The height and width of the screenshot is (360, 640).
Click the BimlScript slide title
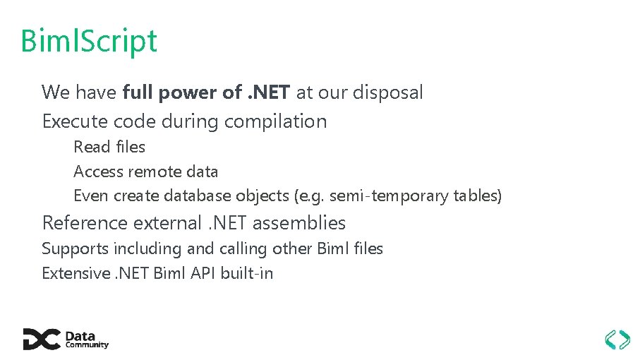[89, 41]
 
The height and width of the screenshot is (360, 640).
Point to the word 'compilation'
[275, 121]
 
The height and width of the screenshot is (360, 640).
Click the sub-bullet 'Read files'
[109, 147]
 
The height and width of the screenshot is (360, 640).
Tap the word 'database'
[198, 196]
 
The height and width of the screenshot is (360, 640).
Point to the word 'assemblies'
[299, 223]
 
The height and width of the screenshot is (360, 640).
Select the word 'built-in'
[247, 273]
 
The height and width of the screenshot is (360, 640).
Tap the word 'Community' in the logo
[87, 345]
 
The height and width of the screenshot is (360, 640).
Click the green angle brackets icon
[618, 339]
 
